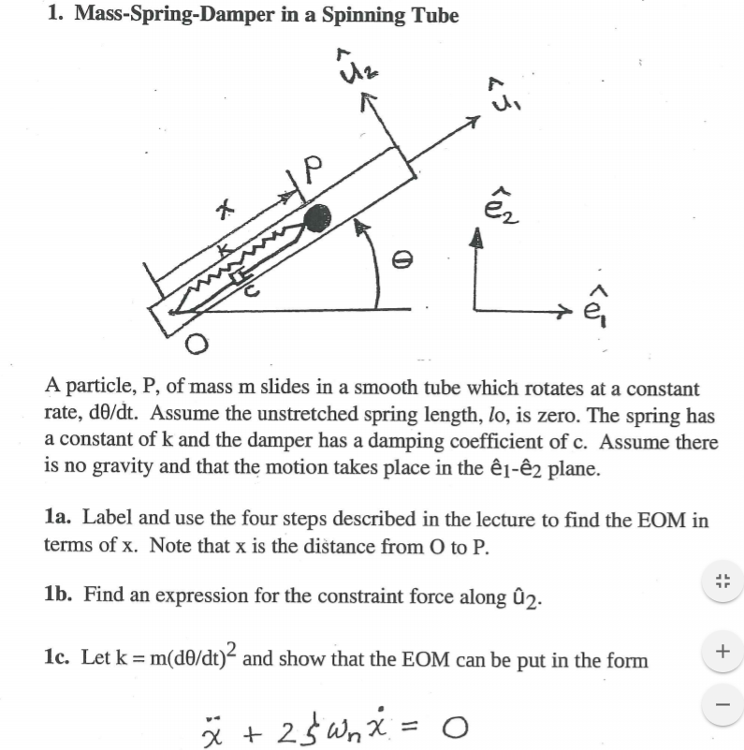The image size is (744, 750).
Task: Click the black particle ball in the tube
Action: point(317,217)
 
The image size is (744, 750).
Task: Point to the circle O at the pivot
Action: point(196,346)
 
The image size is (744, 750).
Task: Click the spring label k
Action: point(225,251)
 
